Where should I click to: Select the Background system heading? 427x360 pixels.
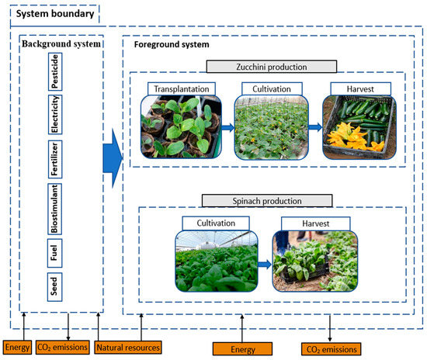[x=61, y=44]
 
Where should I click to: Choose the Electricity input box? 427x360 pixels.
[x=56, y=115]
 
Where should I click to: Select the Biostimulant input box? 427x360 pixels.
[x=56, y=208]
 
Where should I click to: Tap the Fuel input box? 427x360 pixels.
[x=56, y=251]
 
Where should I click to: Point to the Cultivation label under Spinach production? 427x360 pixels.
[x=215, y=223]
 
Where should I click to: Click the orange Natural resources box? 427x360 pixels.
[x=128, y=346]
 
